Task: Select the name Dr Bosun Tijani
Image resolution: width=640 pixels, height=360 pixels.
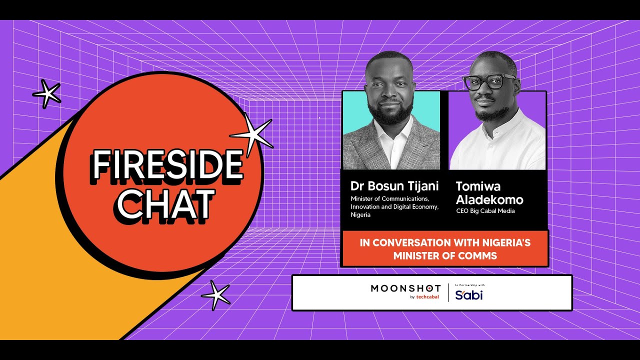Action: tap(394, 186)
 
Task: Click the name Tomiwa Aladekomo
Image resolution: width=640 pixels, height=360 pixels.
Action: tap(489, 193)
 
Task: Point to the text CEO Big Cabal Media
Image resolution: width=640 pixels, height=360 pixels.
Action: tap(485, 211)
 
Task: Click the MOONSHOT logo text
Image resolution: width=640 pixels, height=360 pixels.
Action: tap(405, 288)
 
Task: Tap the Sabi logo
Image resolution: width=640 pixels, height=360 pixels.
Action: tap(469, 295)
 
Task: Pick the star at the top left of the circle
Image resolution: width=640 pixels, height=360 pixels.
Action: tap(46, 94)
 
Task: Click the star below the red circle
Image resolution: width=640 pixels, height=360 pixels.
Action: tap(216, 295)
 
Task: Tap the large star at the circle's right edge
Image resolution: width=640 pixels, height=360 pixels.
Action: tap(253, 135)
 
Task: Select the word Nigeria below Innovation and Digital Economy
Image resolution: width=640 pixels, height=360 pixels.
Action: tap(360, 214)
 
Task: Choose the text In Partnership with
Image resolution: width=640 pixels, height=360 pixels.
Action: tap(470, 285)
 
